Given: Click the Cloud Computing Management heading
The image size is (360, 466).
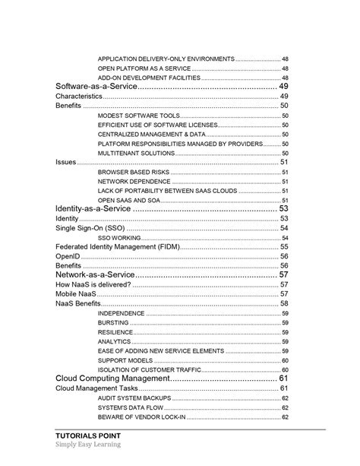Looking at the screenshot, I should [x=111, y=378].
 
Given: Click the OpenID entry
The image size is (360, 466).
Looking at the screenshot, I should [x=68, y=256].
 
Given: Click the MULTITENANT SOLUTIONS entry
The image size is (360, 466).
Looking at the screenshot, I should [x=137, y=153].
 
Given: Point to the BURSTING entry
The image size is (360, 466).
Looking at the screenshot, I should [x=113, y=322].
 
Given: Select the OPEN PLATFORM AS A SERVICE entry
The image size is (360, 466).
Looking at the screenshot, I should [x=144, y=68].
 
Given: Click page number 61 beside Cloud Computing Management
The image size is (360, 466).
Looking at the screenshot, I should [x=283, y=378].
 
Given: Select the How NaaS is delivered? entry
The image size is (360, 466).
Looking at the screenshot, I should [x=93, y=284].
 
